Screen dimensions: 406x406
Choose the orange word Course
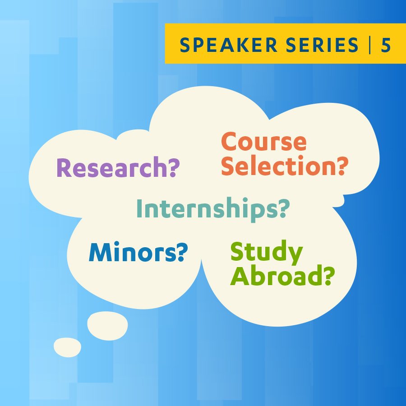[x=263, y=142]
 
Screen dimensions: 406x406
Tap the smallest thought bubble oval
[x=67, y=347]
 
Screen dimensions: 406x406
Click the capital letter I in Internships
[x=139, y=209]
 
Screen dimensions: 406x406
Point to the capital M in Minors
[x=100, y=253]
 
